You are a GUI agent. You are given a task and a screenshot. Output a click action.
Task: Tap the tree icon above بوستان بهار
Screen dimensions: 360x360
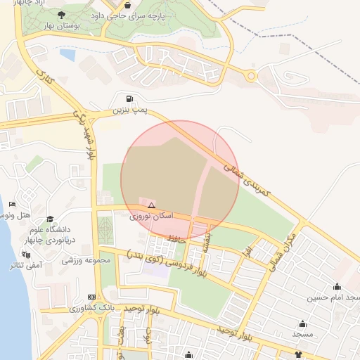coord(62,14)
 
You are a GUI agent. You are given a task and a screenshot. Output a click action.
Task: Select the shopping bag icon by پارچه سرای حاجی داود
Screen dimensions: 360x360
coord(127,4)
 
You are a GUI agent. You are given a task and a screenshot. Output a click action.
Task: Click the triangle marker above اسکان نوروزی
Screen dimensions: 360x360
coord(151,205)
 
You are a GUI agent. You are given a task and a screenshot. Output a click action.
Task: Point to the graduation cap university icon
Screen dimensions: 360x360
coord(50,219)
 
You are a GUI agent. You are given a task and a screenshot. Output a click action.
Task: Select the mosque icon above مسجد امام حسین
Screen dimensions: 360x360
coord(337,286)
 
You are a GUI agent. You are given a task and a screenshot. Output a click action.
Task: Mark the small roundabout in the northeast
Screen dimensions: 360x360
coord(251,76)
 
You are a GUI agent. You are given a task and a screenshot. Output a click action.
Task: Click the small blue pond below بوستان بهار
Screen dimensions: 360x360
coord(67,53)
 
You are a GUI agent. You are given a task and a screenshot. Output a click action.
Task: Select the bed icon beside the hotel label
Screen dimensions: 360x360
coord(12,204)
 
